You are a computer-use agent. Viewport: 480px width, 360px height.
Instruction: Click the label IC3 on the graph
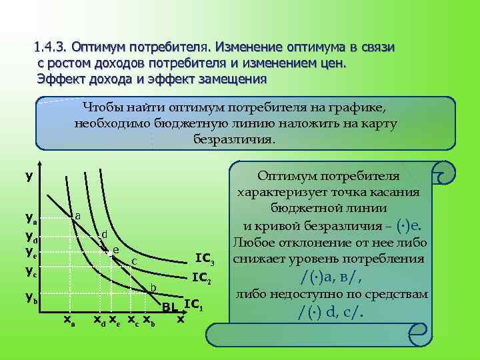pyautogui.click(x=204, y=259)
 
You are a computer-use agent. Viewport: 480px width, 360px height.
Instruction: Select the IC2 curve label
pyautogui.click(x=201, y=277)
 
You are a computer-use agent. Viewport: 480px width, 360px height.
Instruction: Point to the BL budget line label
pyautogui.click(x=171, y=307)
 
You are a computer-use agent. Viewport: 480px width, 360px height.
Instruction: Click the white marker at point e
pyautogui.click(x=107, y=252)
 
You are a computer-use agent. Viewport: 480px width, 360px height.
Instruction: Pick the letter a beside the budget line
pyautogui.click(x=78, y=215)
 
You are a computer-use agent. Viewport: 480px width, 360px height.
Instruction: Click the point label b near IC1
pyautogui.click(x=153, y=287)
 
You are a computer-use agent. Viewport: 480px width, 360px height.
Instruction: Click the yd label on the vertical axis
pyautogui.click(x=31, y=237)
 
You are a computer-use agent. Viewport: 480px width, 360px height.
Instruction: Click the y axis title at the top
pyautogui.click(x=29, y=177)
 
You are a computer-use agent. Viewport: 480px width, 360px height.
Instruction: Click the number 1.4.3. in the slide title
pyautogui.click(x=52, y=48)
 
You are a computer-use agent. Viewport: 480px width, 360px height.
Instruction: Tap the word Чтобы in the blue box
pyautogui.click(x=102, y=107)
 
